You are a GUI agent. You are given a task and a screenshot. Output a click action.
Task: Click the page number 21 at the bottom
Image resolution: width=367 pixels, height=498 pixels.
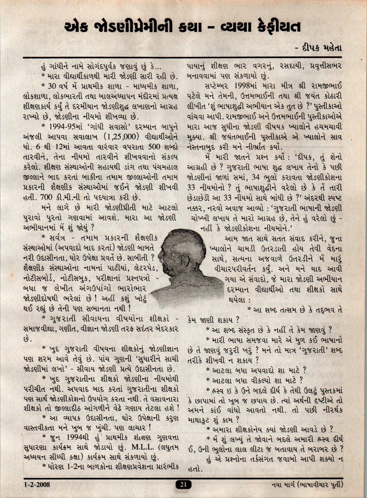[183, 485]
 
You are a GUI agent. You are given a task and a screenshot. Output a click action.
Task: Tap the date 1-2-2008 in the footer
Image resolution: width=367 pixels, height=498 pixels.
[37, 484]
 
